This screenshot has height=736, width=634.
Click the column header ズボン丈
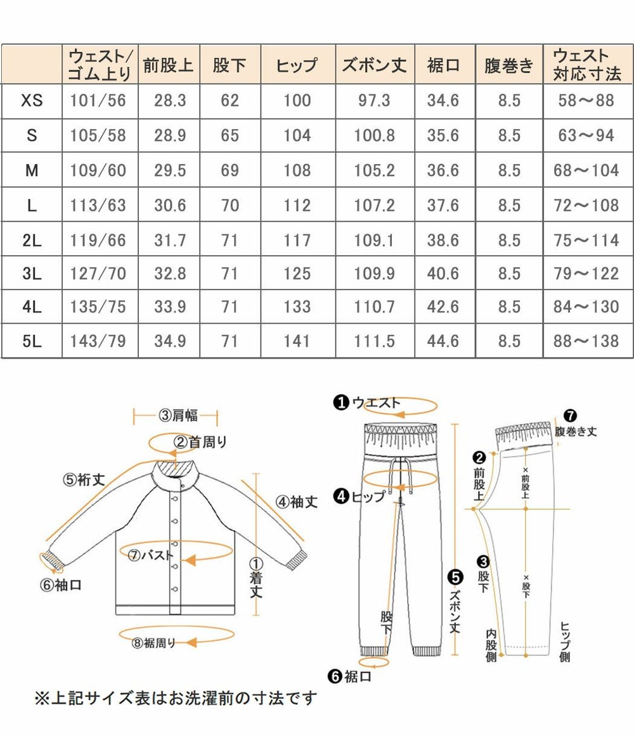point(374,65)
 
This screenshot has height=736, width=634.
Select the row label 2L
point(32,240)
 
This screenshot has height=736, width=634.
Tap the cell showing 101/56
point(99,100)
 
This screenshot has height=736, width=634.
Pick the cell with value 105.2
point(374,170)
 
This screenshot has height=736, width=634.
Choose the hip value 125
point(297,274)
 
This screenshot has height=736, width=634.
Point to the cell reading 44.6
point(443,341)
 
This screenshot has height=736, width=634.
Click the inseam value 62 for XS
point(230,100)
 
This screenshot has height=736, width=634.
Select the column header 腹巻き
point(508,65)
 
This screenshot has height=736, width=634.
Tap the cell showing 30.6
point(170,205)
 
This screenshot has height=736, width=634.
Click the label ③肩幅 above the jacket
point(178,416)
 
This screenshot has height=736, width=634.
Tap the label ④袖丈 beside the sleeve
point(296,502)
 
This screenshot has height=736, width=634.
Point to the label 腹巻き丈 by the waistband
point(576,432)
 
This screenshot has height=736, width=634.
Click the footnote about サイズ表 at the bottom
point(174,699)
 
